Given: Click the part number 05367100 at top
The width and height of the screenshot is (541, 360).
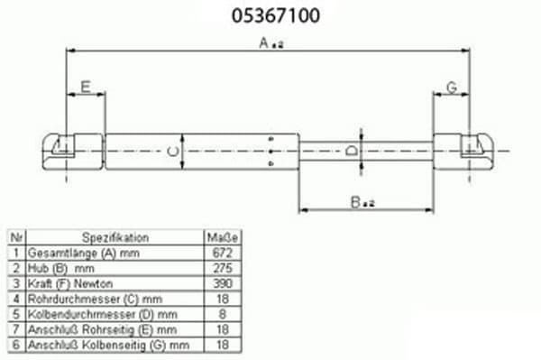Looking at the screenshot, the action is click(x=276, y=15).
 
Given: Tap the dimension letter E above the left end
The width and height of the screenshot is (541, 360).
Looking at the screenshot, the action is click(x=86, y=87).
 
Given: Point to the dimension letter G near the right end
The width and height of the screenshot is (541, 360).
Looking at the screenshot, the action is click(x=452, y=88).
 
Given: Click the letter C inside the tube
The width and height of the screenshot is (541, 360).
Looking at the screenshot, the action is click(x=173, y=152).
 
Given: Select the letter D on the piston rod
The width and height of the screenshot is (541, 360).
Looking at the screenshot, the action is click(x=352, y=151).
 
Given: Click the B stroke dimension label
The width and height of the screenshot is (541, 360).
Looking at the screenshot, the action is click(x=362, y=202).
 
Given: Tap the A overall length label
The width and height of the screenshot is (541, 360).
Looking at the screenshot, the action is click(x=271, y=43).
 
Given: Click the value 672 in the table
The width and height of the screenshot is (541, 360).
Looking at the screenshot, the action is click(x=223, y=253).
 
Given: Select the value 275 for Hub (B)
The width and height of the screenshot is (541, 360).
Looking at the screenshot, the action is click(x=223, y=268).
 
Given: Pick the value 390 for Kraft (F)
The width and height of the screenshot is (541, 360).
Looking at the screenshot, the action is click(x=223, y=283).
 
